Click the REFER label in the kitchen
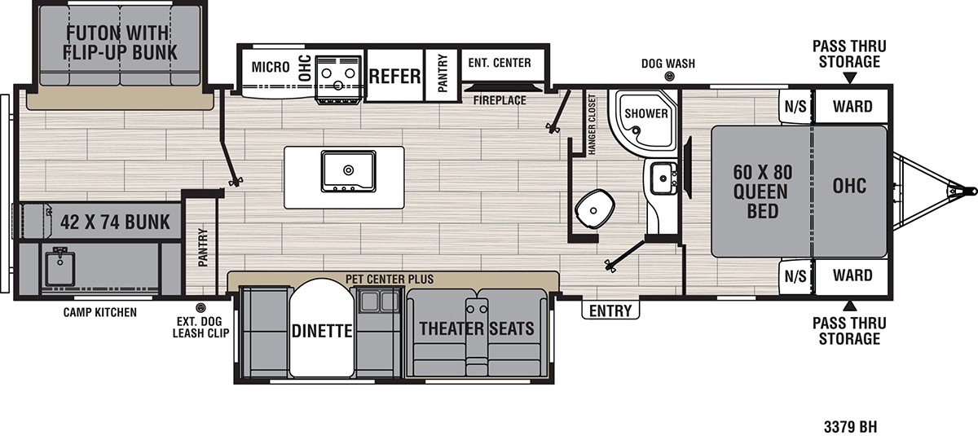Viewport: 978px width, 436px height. (x=394, y=77)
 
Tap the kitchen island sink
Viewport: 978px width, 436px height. (x=349, y=171)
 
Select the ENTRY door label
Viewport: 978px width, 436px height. (x=610, y=310)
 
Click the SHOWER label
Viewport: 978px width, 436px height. (x=646, y=113)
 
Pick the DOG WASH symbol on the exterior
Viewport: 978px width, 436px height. (x=669, y=77)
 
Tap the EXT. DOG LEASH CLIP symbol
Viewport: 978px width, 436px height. (x=200, y=308)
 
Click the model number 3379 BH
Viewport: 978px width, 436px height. (x=850, y=426)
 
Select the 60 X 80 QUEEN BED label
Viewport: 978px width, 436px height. (x=762, y=192)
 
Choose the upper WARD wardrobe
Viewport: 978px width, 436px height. (x=852, y=106)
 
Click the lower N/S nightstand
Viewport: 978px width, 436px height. (x=795, y=276)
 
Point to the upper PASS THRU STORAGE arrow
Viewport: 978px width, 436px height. (x=849, y=78)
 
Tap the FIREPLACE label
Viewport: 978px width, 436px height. (x=500, y=100)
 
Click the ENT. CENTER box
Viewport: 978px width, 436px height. (x=503, y=64)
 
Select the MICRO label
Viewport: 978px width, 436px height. (x=271, y=67)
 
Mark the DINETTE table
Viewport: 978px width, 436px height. (x=322, y=328)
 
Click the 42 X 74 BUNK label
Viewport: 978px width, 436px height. (x=115, y=222)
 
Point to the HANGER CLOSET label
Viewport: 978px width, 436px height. (x=592, y=125)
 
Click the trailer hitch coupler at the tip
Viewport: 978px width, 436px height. (x=971, y=191)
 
